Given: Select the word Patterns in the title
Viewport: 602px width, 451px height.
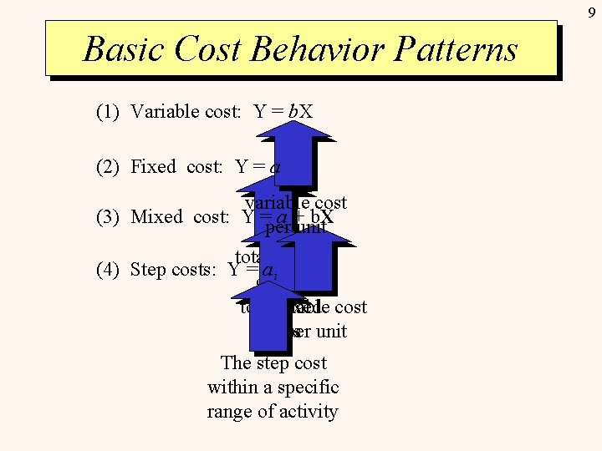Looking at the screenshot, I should tap(463, 49).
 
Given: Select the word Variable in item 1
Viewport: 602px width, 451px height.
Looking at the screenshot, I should tap(165, 112).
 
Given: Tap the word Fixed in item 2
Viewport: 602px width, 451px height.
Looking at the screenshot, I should tap(154, 167).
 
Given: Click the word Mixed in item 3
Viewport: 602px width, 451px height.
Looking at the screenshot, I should tap(157, 217).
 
